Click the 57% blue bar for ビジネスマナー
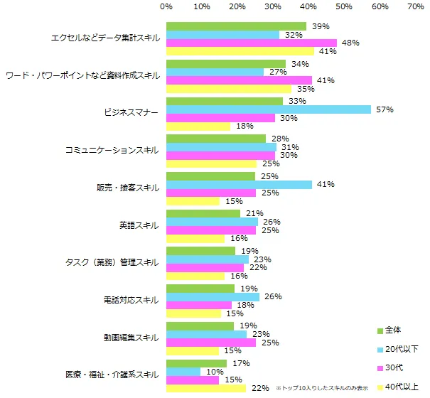pos(268,109)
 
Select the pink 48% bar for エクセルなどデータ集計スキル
pos(252,43)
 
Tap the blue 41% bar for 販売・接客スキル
pos(240,185)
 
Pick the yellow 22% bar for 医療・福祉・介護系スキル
pos(205,388)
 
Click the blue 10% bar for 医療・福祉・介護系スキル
pos(184,372)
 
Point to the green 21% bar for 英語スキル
pos(203,213)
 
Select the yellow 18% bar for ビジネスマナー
pos(198,127)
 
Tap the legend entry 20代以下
pos(399,349)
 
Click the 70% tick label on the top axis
pos(415,6)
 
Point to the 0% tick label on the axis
pos(166,6)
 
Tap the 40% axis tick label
pos(308,6)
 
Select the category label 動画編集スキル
pos(131,337)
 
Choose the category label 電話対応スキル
pos(131,300)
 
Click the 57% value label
pos(385,109)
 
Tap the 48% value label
pos(350,43)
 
